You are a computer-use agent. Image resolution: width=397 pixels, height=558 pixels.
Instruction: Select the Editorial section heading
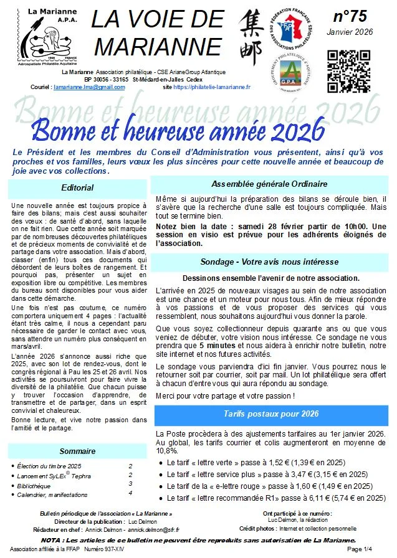(78, 187)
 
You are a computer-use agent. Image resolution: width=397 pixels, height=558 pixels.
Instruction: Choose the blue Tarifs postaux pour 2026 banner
(270, 414)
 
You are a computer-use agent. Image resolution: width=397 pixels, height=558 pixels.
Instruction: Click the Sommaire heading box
(74, 450)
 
